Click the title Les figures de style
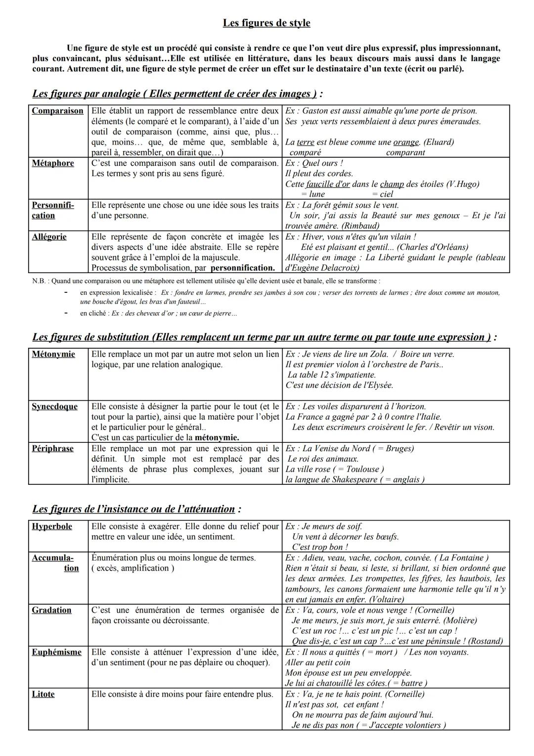267,23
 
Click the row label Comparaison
57,111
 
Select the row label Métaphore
53,163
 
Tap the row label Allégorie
49,237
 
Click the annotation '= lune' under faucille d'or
313,194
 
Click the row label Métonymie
53,354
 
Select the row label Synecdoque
54,407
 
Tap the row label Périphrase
52,449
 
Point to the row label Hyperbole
52,526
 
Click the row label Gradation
51,611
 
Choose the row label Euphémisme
56,653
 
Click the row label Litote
43,695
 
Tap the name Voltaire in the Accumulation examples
380,600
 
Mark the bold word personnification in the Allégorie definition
242,268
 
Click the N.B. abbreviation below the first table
38,281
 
